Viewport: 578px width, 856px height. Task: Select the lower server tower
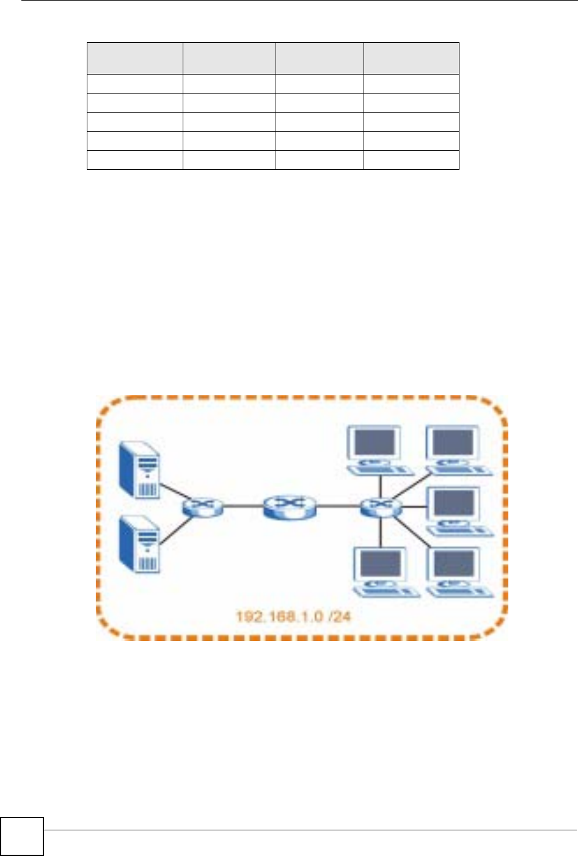[x=139, y=544]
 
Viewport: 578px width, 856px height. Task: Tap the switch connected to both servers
[x=202, y=507]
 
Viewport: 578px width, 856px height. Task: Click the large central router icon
[x=290, y=507]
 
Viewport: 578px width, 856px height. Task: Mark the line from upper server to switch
[x=172, y=490]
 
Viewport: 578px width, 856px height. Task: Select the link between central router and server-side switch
[x=243, y=506]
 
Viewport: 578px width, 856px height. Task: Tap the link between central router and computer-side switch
[x=337, y=506]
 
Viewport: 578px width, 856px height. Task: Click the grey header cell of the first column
[x=134, y=58]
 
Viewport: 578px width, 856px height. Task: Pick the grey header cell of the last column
[x=411, y=58]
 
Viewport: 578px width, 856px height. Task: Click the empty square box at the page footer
[x=22, y=836]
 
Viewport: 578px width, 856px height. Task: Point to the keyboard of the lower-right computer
[x=459, y=591]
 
